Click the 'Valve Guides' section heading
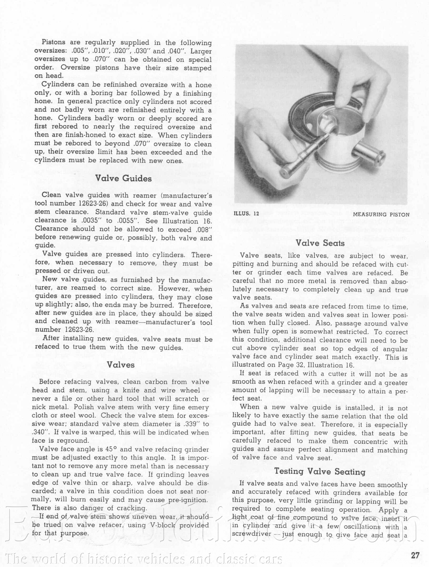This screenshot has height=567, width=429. (123, 178)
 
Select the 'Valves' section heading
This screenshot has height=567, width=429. (121, 365)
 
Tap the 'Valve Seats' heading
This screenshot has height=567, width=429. (320, 243)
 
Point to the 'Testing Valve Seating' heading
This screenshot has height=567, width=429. (320, 471)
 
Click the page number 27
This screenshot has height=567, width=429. (415, 555)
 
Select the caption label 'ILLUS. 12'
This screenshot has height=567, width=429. (246, 214)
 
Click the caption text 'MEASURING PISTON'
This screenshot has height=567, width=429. (381, 214)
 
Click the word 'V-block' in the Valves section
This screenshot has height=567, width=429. (162, 525)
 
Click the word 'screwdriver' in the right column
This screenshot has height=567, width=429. (251, 534)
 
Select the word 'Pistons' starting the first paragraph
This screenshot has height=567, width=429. (53, 42)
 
